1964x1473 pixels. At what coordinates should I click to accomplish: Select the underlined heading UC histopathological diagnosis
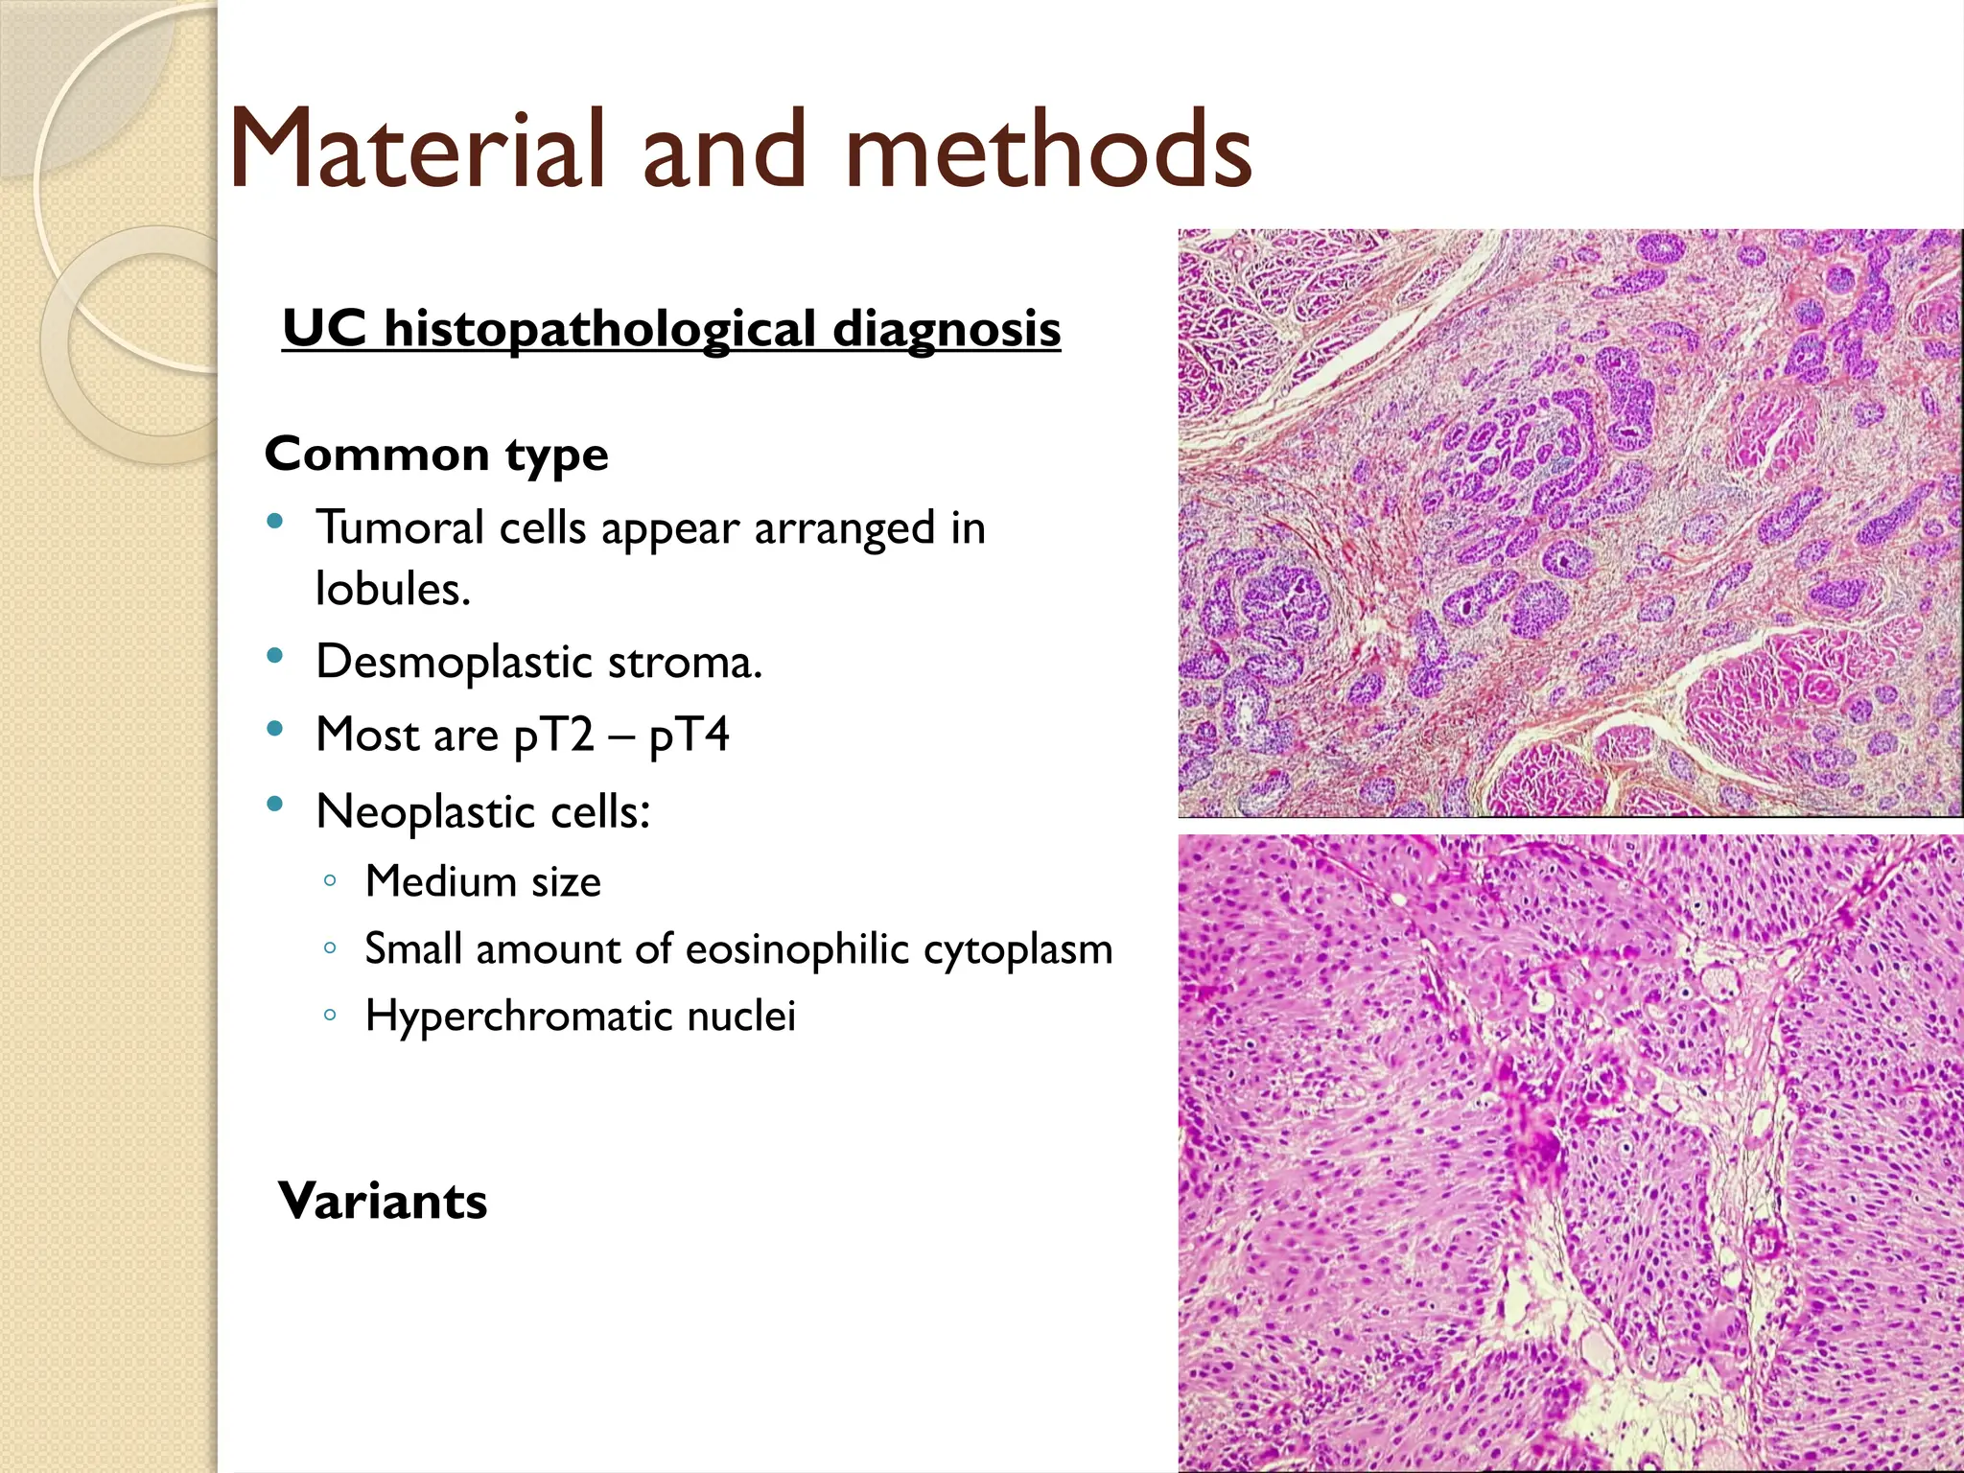pos(671,329)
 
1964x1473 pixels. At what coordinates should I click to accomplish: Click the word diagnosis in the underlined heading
pos(947,329)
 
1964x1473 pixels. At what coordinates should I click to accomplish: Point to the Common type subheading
pos(436,454)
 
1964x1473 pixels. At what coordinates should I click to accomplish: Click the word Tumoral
pos(400,527)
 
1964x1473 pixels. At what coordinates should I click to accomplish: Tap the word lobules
pos(392,589)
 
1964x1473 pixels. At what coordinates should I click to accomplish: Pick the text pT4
pos(689,736)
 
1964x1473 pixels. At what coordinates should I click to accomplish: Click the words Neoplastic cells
pos(483,812)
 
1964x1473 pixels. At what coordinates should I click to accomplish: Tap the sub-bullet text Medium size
pos(482,881)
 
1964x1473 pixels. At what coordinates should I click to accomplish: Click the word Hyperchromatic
pos(519,1017)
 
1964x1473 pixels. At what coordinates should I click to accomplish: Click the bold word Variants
pos(383,1201)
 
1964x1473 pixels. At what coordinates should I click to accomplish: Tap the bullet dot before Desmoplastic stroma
pos(275,657)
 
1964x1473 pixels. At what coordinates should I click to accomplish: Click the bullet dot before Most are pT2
pos(275,730)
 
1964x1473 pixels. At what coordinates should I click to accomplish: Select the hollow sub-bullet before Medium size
pos(330,880)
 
